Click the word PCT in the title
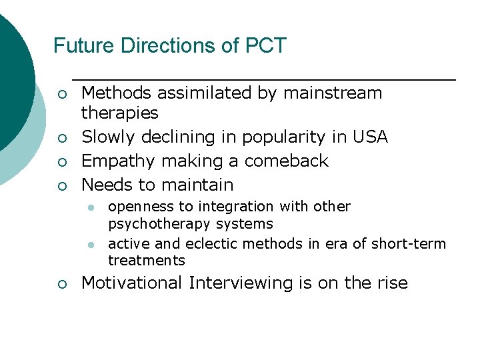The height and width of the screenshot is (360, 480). tap(266, 46)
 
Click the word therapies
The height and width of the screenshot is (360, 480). tap(119, 113)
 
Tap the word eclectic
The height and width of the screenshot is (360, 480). tap(201, 244)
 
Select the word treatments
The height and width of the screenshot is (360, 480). tap(146, 260)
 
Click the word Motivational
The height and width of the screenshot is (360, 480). tap(131, 283)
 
